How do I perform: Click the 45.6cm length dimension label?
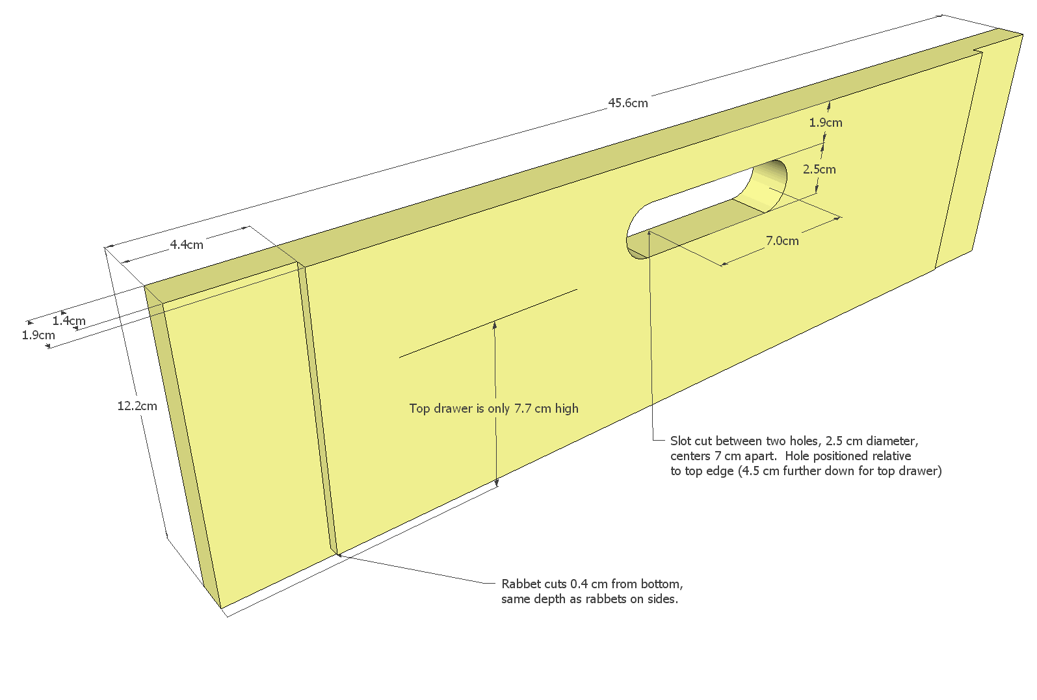pos(628,103)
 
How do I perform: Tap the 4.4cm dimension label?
pos(187,244)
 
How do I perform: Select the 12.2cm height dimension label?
pos(137,406)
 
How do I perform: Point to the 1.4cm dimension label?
pos(68,320)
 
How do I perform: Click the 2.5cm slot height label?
pos(819,169)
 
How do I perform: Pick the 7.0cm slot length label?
pos(782,240)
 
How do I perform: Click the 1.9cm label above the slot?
pos(826,122)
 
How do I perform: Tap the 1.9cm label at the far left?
pos(38,335)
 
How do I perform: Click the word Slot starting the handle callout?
pos(681,441)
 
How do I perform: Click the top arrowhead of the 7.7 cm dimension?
pos(494,325)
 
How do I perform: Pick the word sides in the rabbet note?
pos(664,599)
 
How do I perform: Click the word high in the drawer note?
pos(567,409)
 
